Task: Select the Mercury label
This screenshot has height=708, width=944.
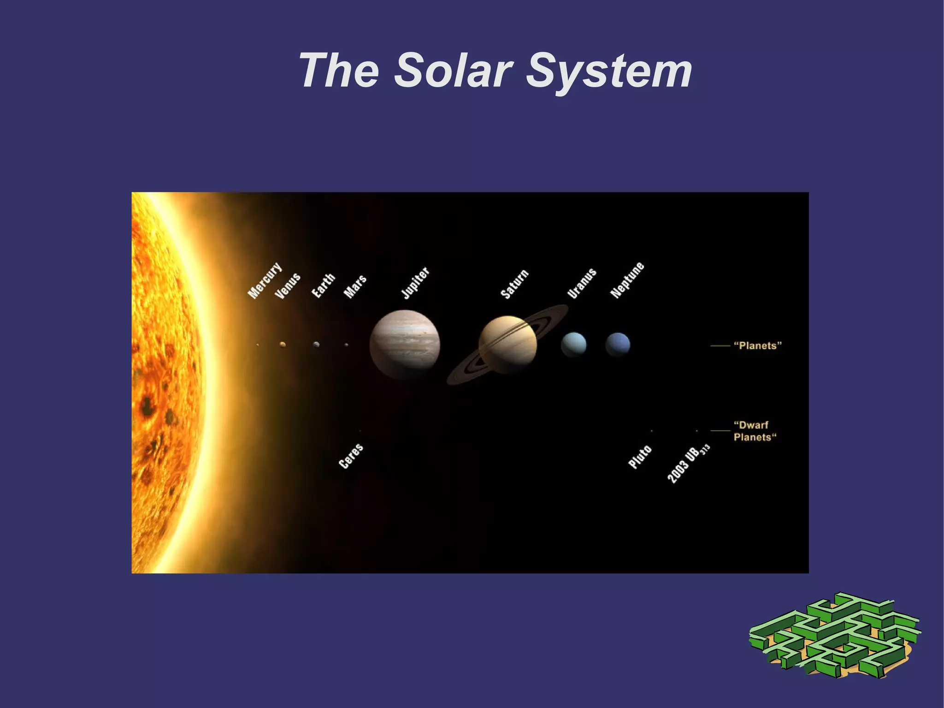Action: tap(264, 280)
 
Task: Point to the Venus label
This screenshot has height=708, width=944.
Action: tap(288, 286)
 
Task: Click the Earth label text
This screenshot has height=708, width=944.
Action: tap(323, 286)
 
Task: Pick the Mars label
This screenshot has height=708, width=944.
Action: tap(355, 286)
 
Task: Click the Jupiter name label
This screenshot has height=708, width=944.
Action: tap(415, 283)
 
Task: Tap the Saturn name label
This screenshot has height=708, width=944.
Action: tap(514, 284)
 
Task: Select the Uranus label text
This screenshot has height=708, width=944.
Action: tap(582, 283)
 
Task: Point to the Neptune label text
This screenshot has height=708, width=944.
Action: tap(627, 280)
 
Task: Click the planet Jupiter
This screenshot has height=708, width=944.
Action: tap(405, 345)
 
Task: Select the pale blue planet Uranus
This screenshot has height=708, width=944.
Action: tap(573, 345)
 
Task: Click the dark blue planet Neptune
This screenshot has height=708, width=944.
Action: tap(618, 345)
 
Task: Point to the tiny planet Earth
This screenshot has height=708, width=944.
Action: tap(316, 345)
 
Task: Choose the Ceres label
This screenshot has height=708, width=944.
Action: tap(351, 456)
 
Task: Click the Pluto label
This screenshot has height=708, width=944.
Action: tap(640, 457)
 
